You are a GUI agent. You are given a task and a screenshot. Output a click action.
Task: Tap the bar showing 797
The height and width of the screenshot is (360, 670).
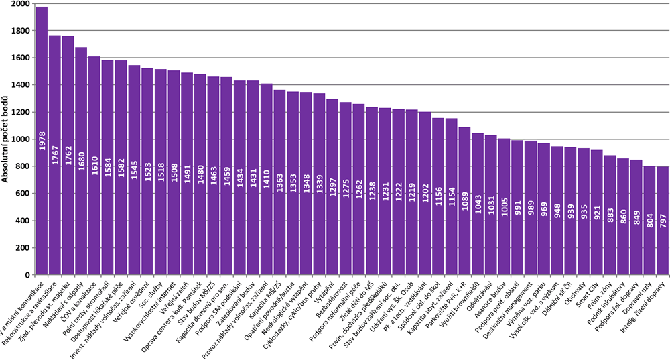pyautogui.click(x=663, y=221)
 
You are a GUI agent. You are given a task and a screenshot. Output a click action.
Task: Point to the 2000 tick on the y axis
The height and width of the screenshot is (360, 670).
pyautogui.click(x=20, y=4)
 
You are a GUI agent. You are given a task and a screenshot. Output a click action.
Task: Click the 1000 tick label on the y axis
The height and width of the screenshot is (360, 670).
pyautogui.click(x=20, y=139)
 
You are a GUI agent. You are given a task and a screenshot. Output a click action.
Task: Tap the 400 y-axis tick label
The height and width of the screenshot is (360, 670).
pyautogui.click(x=22, y=221)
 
